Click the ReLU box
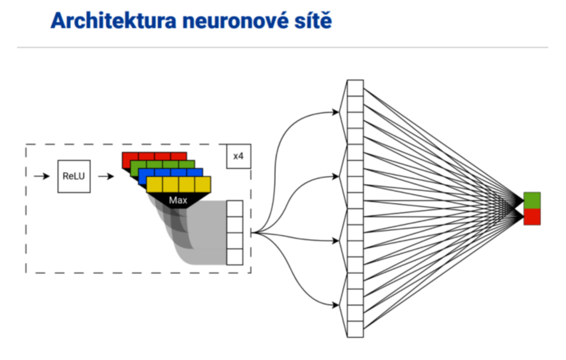pyautogui.click(x=74, y=176)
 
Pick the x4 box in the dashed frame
pyautogui.click(x=238, y=156)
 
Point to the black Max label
pyautogui.click(x=177, y=201)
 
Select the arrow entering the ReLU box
pyautogui.click(x=42, y=176)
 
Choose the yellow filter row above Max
pyautogui.click(x=178, y=185)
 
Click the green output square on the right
pyautogui.click(x=532, y=200)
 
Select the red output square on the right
pyautogui.click(x=532, y=216)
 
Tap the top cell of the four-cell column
pyautogui.click(x=235, y=209)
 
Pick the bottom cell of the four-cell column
pyautogui.click(x=235, y=257)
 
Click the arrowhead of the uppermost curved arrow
pyautogui.click(x=337, y=112)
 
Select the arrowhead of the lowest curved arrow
pyautogui.click(x=337, y=305)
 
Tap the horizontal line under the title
pyautogui.click(x=282, y=48)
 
